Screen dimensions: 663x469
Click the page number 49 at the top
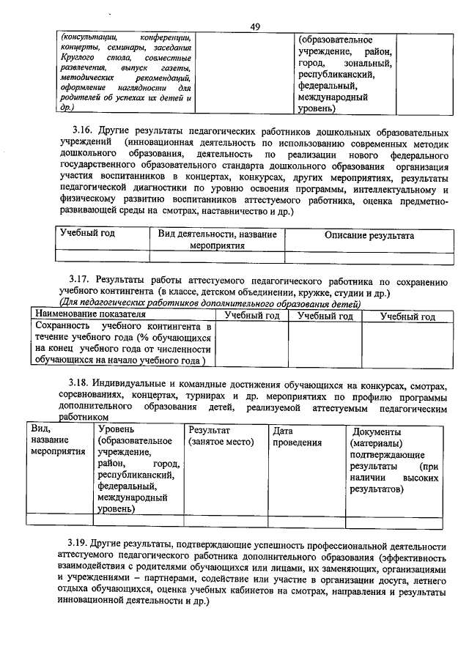pyautogui.click(x=255, y=27)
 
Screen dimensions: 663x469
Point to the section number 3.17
pyautogui.click(x=78, y=281)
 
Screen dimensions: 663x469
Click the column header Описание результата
pyautogui.click(x=369, y=236)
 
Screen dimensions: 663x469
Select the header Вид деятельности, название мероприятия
pyautogui.click(x=217, y=241)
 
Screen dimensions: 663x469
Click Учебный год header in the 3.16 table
pyautogui.click(x=87, y=234)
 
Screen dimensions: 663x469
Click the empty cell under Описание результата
pyautogui.click(x=369, y=256)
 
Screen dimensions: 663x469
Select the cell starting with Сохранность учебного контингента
pyautogui.click(x=122, y=343)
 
